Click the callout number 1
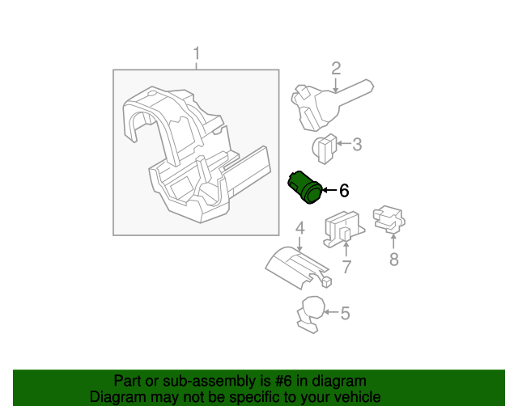196,54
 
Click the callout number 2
336,69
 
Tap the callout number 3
356,145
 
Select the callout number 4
299,228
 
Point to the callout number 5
345,313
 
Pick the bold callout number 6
344,191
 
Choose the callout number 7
346,267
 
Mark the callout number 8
394,259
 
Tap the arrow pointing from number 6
328,191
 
